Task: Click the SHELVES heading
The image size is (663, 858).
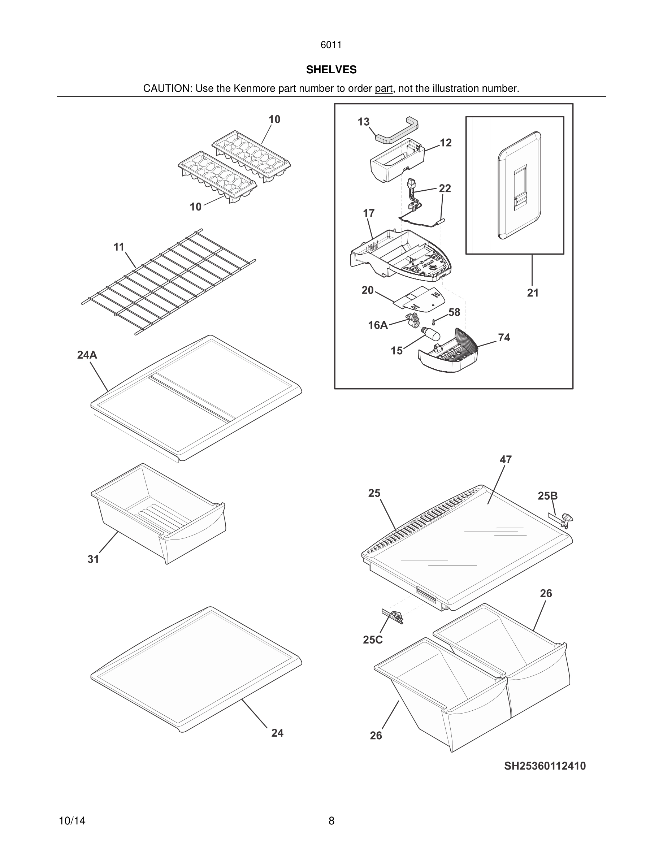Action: (331, 70)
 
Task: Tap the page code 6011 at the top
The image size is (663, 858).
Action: (331, 45)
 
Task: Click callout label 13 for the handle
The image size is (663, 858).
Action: (363, 122)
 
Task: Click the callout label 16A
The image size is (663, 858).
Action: (377, 325)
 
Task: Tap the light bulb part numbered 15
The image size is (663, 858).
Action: (431, 335)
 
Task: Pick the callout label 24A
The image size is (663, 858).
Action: (87, 355)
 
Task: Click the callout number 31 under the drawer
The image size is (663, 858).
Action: (93, 559)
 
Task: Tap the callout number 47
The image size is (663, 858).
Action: (506, 459)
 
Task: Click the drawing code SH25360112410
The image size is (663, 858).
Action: (545, 766)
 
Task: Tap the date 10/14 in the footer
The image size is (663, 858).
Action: (72, 821)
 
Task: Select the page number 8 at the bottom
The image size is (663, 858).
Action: (331, 821)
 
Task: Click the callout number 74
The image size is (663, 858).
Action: (504, 338)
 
